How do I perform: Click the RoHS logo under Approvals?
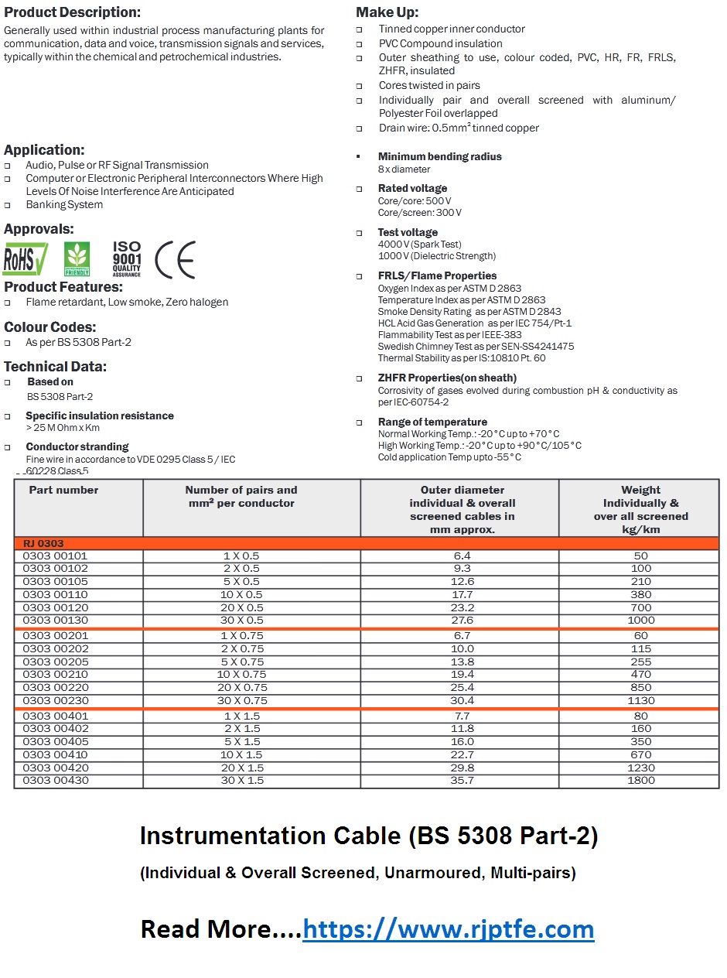coord(25,259)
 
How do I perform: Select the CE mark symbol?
coord(176,259)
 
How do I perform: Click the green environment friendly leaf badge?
coord(77,259)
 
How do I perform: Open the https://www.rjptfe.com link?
coord(448,928)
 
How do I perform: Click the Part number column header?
coord(63,490)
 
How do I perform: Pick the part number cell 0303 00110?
coord(55,594)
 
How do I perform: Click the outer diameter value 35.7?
coord(462,780)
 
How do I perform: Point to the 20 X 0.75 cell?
coord(242,687)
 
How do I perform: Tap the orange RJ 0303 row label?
coord(43,544)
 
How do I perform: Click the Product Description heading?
coord(73,12)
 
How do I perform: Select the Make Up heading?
coord(387,12)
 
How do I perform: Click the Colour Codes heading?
coord(50,327)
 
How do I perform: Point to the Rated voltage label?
coord(412,188)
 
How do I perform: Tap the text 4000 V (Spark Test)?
coord(419,244)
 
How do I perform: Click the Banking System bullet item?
coord(64,204)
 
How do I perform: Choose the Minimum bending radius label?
coord(439,156)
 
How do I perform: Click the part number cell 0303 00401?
coord(55,716)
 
